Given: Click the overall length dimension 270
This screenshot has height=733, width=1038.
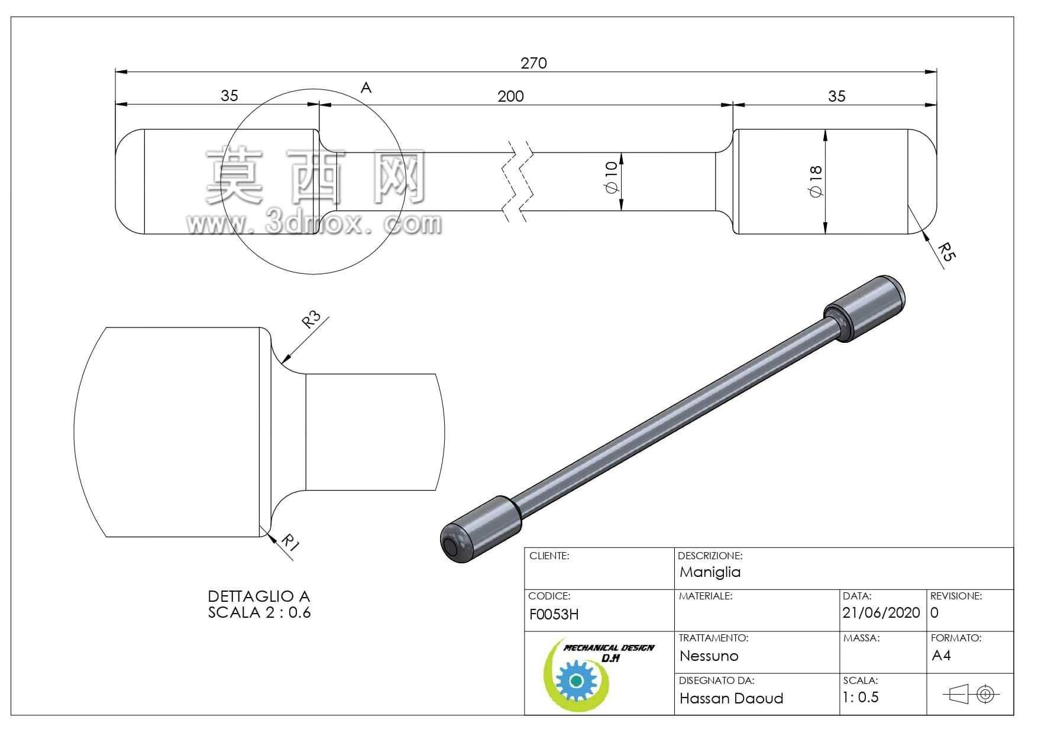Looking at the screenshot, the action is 533,63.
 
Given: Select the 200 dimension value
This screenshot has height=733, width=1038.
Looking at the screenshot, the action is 510,96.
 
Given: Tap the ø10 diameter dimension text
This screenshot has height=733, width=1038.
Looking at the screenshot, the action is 612,177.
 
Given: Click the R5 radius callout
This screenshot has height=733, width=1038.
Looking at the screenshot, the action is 947,251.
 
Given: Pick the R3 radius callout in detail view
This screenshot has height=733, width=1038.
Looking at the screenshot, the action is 312,320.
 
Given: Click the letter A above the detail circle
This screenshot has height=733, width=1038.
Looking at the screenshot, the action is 366,88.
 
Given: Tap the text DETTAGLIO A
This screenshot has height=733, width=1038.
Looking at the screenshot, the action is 259,596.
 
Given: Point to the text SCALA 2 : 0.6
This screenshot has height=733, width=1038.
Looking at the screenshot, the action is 259,612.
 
